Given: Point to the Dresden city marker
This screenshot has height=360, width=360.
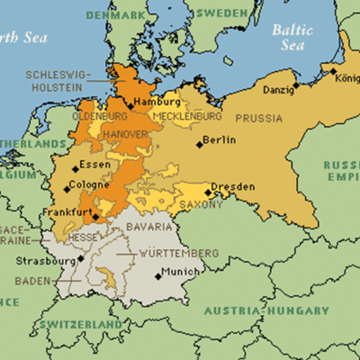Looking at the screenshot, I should coord(208,192).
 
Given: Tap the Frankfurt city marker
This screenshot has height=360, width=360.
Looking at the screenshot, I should coord(96,216).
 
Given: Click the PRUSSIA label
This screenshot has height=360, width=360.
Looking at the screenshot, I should coord(258,118).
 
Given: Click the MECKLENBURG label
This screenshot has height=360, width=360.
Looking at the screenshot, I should coord(187,117).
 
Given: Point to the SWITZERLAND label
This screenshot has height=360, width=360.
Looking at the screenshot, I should coord(86,323).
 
